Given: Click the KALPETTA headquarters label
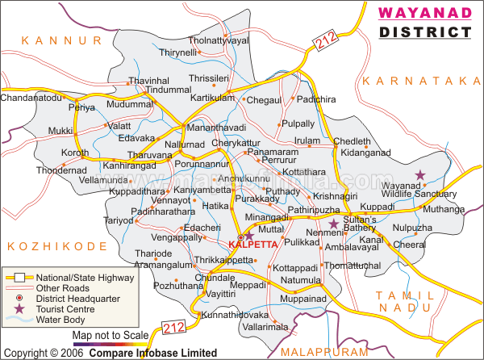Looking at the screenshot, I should click(x=252, y=244).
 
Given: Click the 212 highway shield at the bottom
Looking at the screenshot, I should click(x=174, y=327).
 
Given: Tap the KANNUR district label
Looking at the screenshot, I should click(x=62, y=40).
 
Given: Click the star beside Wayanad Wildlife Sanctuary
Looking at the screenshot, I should click(x=419, y=174).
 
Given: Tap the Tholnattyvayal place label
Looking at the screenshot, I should click(x=219, y=40).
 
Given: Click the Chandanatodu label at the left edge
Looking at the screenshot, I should click(x=31, y=98).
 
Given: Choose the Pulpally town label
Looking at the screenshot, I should click(x=298, y=124).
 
